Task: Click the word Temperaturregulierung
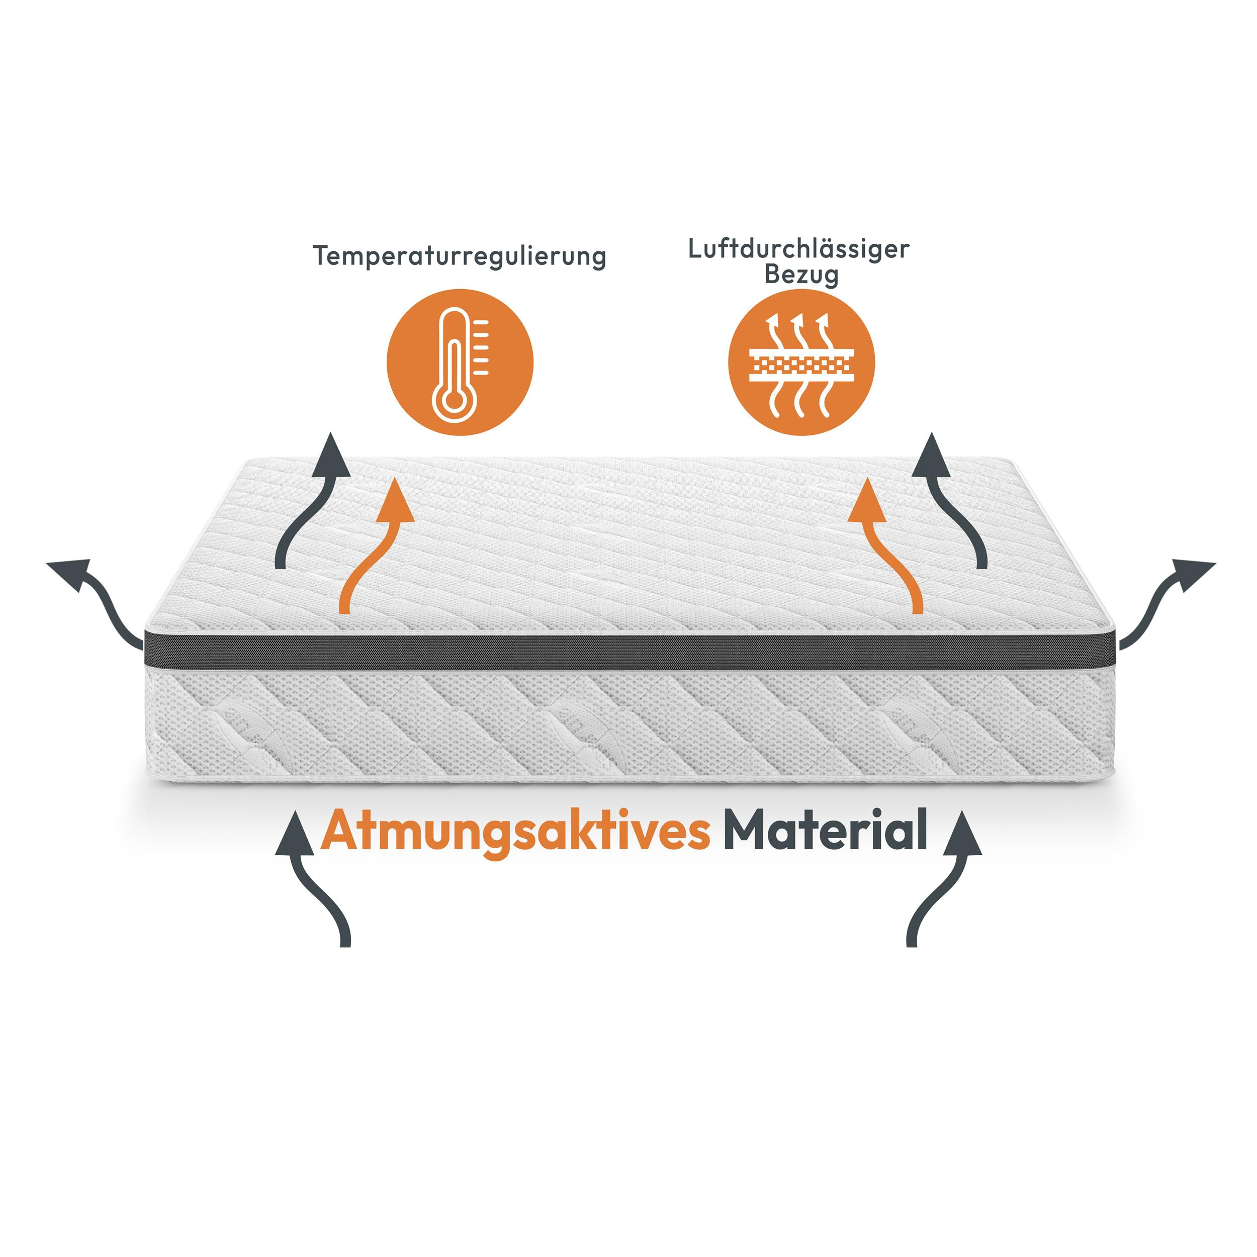tap(460, 256)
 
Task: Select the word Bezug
tap(801, 275)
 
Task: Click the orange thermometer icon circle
tap(460, 362)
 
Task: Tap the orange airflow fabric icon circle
tap(801, 362)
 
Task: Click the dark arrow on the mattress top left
tap(311, 501)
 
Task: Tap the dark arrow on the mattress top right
tap(955, 501)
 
